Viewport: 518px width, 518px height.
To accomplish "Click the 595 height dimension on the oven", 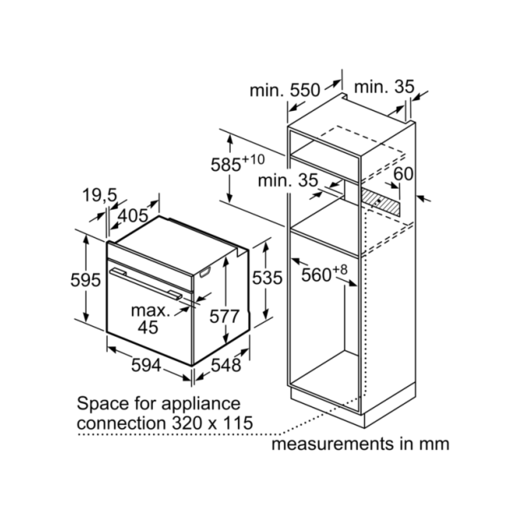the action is click(x=85, y=280).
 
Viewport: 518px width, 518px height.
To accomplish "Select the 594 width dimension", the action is click(x=146, y=365).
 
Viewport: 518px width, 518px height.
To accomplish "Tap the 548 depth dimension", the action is click(x=226, y=365).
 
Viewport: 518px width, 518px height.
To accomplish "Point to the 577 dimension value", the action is click(x=224, y=316).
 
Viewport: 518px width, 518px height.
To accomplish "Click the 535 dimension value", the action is click(x=267, y=278).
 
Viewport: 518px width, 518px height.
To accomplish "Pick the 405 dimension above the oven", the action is click(x=133, y=216).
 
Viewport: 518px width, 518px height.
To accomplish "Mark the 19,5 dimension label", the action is click(x=100, y=194).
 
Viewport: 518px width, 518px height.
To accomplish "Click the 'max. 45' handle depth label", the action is click(x=151, y=319).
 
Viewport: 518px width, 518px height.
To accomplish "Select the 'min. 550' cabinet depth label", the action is click(x=285, y=90).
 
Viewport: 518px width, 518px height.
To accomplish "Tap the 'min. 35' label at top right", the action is click(x=384, y=87).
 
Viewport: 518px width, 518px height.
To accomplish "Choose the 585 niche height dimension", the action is click(x=237, y=163).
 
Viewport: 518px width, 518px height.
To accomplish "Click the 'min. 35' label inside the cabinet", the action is click(x=288, y=180).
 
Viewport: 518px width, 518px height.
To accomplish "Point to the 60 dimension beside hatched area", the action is click(x=403, y=174).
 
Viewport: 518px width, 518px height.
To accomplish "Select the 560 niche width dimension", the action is click(x=324, y=274).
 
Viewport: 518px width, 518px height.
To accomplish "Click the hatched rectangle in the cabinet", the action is click(x=380, y=199).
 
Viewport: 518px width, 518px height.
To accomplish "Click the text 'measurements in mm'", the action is click(x=360, y=444).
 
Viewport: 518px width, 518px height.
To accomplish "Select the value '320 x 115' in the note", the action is click(x=212, y=422).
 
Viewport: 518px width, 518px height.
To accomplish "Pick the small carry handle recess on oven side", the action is click(x=205, y=272).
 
